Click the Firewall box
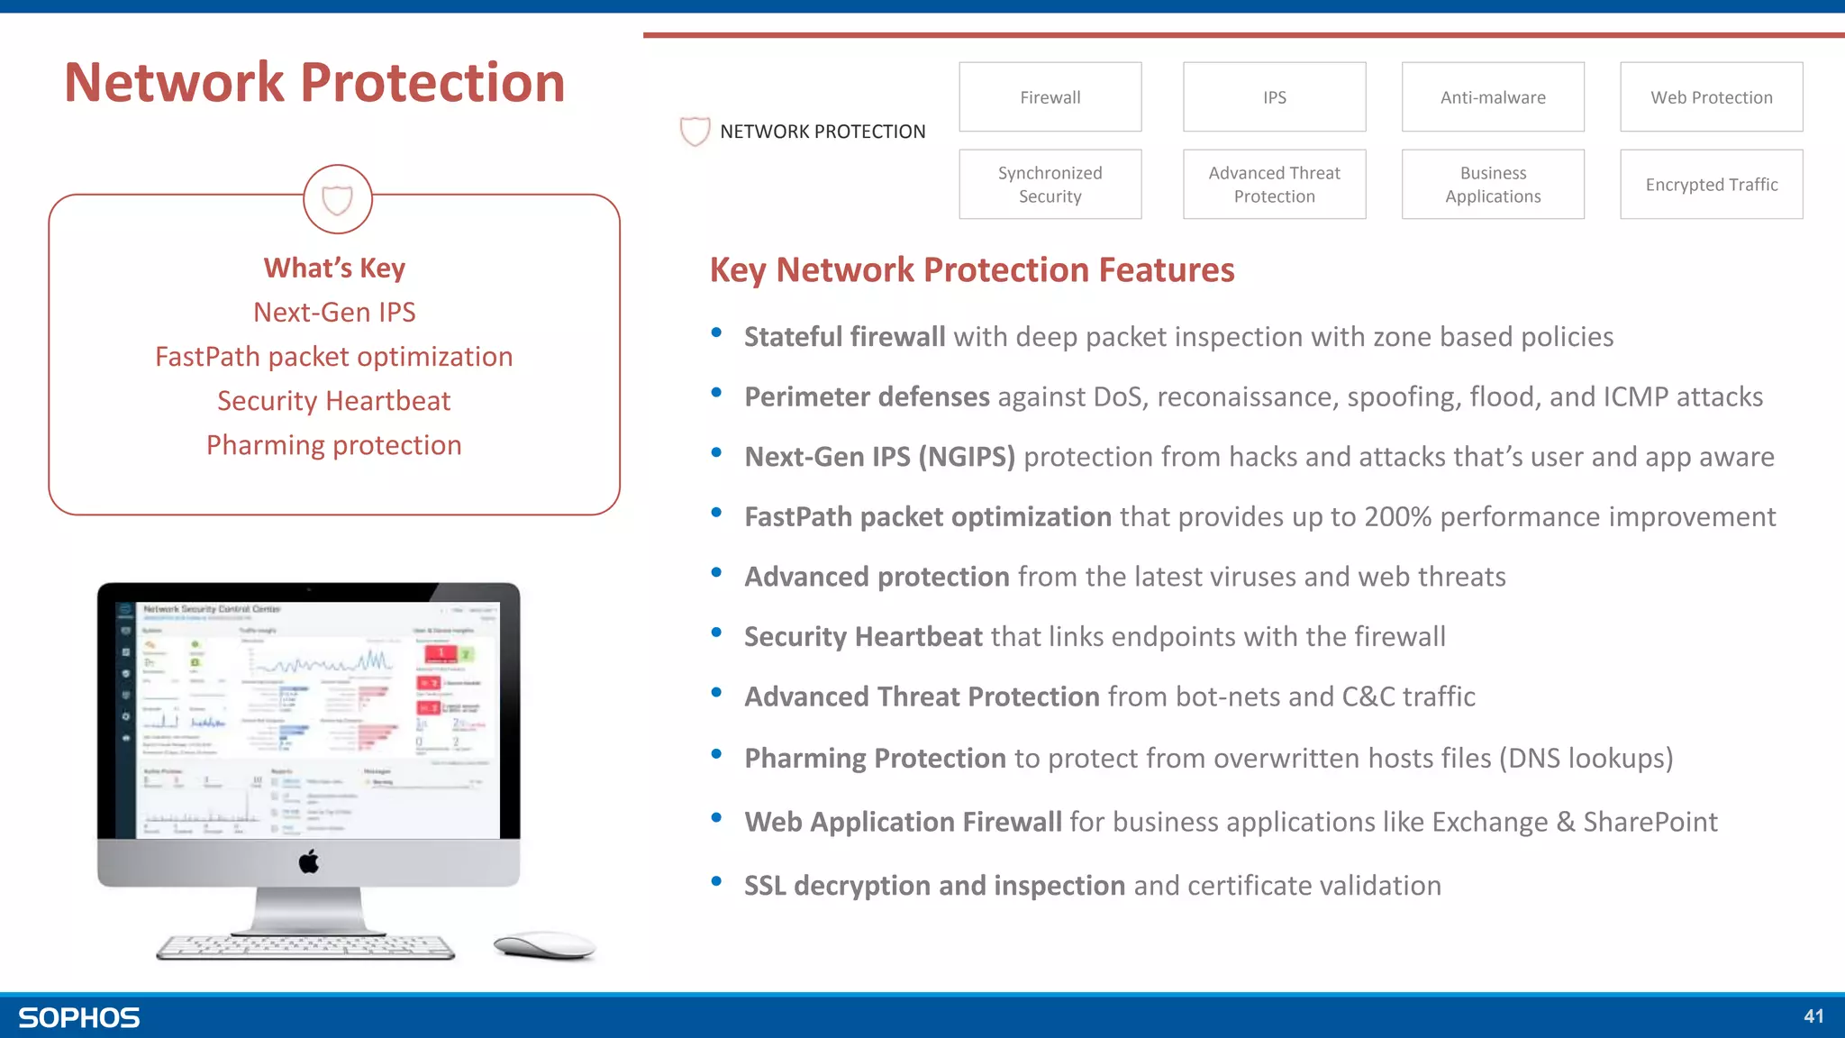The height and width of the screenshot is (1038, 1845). [1050, 97]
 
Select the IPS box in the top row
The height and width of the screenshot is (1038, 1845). [1274, 97]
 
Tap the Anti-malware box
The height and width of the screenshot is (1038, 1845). [1493, 97]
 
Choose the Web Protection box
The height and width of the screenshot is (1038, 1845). [1711, 97]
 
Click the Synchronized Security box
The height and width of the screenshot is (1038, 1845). [1050, 185]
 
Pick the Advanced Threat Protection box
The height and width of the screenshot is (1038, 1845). [1274, 185]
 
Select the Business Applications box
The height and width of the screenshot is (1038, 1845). [1493, 185]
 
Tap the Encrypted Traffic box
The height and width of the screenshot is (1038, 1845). [1711, 185]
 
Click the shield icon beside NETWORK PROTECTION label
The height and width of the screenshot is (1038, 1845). [695, 132]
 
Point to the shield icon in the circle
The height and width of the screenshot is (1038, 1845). [337, 199]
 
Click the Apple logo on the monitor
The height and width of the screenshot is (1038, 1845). [309, 862]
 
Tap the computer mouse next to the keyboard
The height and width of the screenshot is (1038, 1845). [544, 945]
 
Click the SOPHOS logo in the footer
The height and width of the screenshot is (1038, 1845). [79, 1018]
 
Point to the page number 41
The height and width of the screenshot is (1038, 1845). [1813, 1016]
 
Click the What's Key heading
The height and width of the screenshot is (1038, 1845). [334, 269]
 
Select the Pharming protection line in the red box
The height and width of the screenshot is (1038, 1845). [334, 445]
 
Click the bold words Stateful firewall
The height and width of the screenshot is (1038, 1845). [844, 337]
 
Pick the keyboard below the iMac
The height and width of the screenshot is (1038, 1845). [305, 947]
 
